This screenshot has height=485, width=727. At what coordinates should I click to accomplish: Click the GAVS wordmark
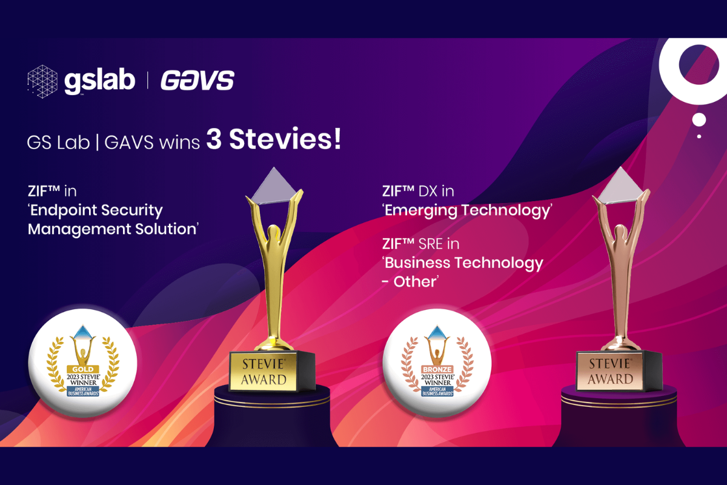197,81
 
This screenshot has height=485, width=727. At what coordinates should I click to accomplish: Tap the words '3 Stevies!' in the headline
273,141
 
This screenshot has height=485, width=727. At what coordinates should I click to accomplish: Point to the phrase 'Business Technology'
464,263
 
